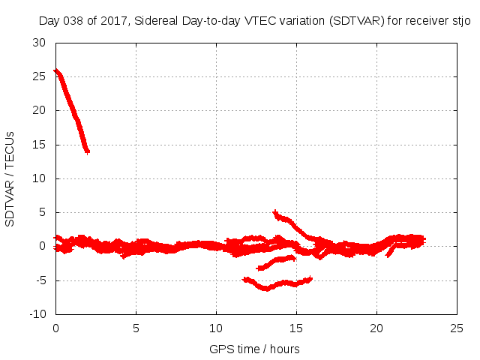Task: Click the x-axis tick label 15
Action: click(296, 328)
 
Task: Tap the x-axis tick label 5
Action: click(136, 328)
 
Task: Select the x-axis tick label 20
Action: click(376, 328)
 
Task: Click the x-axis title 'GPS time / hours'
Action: click(255, 349)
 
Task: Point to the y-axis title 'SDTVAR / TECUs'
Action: click(10, 178)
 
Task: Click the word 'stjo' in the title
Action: click(461, 21)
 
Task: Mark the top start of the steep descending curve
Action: click(55, 70)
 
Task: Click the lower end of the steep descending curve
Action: click(88, 152)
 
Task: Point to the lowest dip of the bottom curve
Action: click(265, 288)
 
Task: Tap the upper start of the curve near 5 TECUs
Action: click(275, 212)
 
